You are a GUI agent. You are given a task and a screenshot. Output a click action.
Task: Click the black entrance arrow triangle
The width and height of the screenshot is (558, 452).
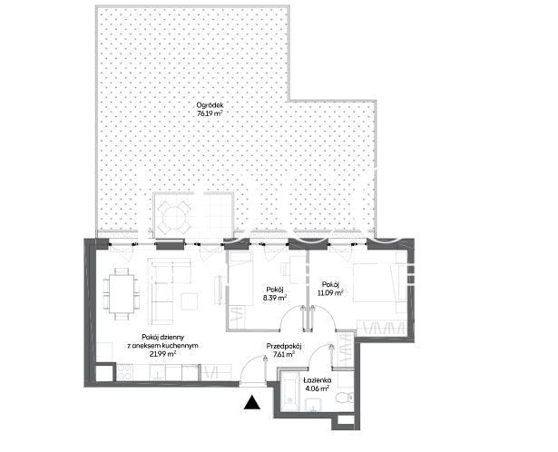click(252, 402)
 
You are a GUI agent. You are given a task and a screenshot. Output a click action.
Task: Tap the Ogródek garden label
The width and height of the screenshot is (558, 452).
click(210, 105)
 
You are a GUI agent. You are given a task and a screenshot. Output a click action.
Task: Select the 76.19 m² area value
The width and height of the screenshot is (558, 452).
click(210, 113)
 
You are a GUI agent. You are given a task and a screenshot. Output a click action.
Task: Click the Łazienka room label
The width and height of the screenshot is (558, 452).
click(318, 380)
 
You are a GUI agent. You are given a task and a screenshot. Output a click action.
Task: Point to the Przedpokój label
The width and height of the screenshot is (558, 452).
click(284, 347)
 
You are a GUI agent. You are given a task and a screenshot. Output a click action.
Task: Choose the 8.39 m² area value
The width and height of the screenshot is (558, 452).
click(275, 299)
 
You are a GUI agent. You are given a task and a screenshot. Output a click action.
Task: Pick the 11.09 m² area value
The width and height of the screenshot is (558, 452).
click(330, 293)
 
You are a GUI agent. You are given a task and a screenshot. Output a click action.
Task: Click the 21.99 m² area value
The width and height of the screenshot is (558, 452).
click(162, 354)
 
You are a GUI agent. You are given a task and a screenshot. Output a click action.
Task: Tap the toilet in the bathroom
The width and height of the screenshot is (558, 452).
click(345, 396)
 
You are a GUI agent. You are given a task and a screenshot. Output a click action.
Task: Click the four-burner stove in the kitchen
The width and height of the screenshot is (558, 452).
click(124, 372)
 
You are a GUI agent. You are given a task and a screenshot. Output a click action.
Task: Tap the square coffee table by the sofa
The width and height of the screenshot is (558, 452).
click(190, 301)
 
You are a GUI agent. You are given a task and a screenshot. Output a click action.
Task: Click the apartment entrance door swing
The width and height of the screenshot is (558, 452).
click(252, 371)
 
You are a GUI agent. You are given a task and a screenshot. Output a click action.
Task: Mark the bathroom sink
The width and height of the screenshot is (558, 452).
click(313, 405)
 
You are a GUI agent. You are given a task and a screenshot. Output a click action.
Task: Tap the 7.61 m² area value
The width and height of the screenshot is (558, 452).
click(284, 354)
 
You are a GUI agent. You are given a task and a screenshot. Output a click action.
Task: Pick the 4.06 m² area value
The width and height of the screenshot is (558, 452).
click(318, 388)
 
